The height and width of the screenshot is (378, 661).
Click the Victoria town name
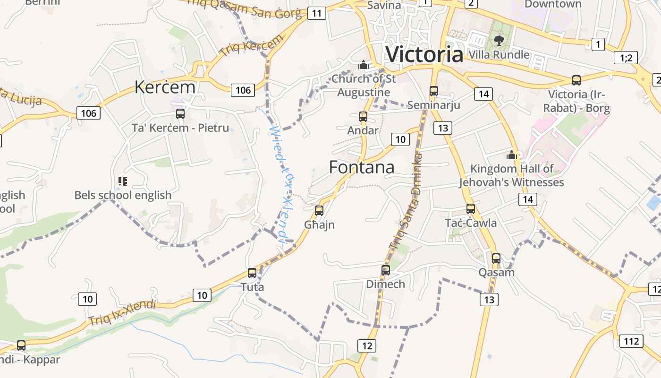pyautogui.click(x=424, y=54)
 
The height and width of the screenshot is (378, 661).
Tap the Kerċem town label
pyautogui.click(x=165, y=87)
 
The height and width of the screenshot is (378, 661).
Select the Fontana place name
pyautogui.click(x=362, y=167)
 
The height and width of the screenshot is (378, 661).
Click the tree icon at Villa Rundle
pyautogui.click(x=499, y=41)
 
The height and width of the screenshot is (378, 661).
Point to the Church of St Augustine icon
pyautogui.click(x=363, y=65)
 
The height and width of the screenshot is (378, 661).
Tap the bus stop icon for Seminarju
pyautogui.click(x=433, y=91)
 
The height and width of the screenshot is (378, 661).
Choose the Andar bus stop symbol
pyautogui.click(x=363, y=116)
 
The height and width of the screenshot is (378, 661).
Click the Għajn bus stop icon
pyautogui.click(x=319, y=210)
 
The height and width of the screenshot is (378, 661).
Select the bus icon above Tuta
pyautogui.click(x=252, y=273)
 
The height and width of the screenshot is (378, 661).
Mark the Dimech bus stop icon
pyautogui.click(x=386, y=270)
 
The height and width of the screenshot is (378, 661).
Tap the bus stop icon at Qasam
pyautogui.click(x=496, y=258)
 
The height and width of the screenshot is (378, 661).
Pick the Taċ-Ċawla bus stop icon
pyautogui.click(x=470, y=208)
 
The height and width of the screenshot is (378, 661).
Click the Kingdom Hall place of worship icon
pyautogui.click(x=512, y=155)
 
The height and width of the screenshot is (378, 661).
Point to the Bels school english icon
pyautogui.click(x=123, y=181)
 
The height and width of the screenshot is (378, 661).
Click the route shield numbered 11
pyautogui.click(x=316, y=13)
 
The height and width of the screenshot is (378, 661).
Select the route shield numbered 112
pyautogui.click(x=631, y=341)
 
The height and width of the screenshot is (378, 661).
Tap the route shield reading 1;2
pyautogui.click(x=626, y=58)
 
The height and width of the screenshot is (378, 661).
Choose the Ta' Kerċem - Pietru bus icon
pyautogui.click(x=180, y=113)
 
